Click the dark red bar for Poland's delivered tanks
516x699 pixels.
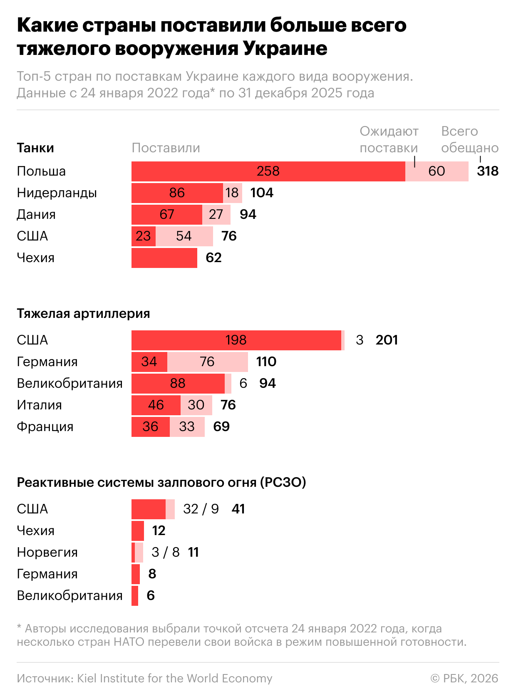(x=268, y=171)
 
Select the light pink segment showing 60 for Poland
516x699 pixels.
(x=437, y=171)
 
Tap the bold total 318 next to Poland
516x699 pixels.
(x=488, y=171)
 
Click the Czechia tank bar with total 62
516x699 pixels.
(x=164, y=258)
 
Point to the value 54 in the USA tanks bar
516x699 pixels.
(x=184, y=236)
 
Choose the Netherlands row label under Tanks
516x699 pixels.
(x=57, y=193)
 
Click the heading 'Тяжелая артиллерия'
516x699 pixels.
(x=83, y=314)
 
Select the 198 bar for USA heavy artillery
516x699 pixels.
(x=236, y=340)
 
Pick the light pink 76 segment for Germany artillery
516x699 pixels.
(x=207, y=362)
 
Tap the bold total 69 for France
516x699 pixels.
(x=221, y=427)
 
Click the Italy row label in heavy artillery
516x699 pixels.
(x=39, y=405)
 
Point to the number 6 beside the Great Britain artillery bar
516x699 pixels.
(x=243, y=384)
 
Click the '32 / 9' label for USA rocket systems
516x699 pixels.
(x=201, y=509)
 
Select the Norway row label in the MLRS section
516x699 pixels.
(x=47, y=553)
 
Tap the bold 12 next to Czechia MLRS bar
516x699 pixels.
(x=159, y=531)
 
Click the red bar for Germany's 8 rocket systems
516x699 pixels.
(x=136, y=574)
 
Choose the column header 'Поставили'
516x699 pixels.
(x=166, y=148)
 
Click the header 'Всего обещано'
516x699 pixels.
(x=469, y=140)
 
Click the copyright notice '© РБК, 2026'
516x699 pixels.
(x=464, y=679)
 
